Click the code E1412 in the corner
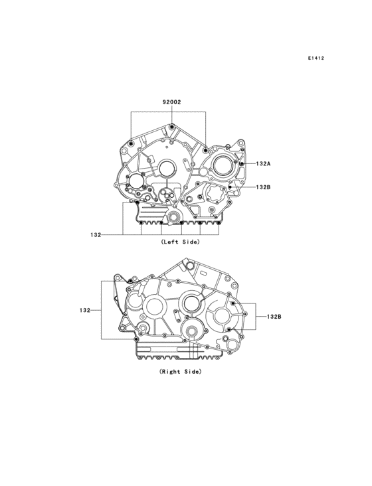[x=316, y=58]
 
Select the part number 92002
[x=172, y=102]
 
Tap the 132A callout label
[x=263, y=163]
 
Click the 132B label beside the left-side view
[x=263, y=187]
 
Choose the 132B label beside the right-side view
[x=274, y=317]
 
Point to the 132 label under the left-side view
[x=96, y=235]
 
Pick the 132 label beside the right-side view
[x=84, y=310]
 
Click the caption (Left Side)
[x=180, y=242]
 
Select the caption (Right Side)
[x=180, y=371]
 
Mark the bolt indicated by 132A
[x=242, y=163]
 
